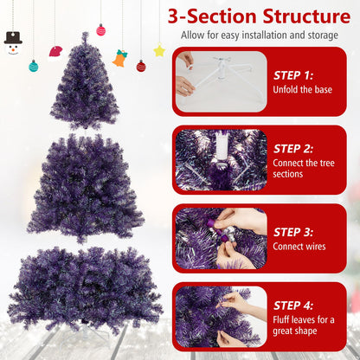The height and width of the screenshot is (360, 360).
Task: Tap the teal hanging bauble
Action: [34, 66]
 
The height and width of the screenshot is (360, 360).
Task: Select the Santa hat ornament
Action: [56, 51]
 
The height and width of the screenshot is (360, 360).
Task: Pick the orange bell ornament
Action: [119, 59]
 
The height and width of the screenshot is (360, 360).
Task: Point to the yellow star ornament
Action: [159, 51]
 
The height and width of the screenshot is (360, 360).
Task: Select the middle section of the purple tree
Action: [85, 186]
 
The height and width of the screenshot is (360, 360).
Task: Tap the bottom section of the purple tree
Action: [85, 290]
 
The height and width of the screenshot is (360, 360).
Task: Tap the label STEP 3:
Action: [299, 231]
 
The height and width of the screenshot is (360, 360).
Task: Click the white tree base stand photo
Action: [221, 82]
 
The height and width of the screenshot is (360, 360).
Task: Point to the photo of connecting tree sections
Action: [221, 159]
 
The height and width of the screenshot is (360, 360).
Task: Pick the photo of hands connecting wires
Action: [221, 236]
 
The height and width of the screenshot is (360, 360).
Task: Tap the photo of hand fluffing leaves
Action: [221, 316]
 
